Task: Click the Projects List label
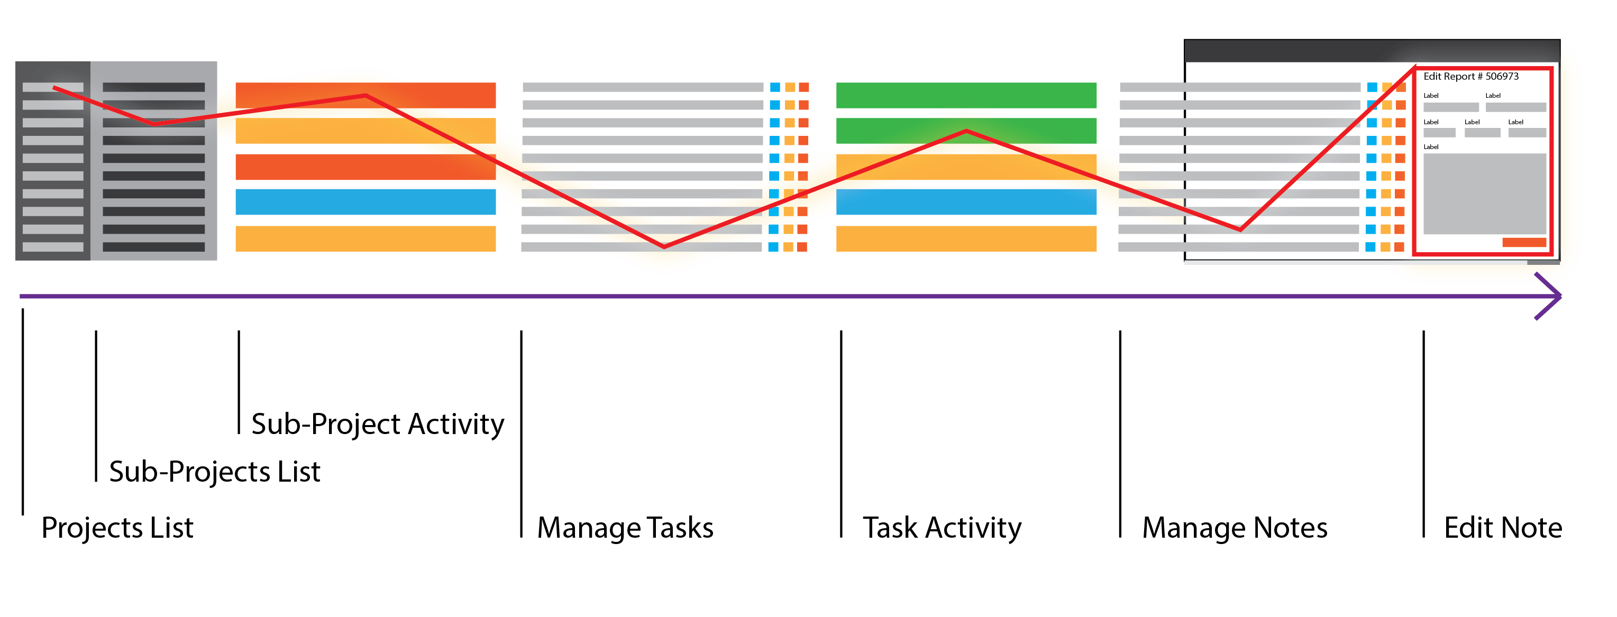click(117, 527)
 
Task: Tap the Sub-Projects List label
click(215, 472)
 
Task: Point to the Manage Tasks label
click(625, 527)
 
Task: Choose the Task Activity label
click(942, 527)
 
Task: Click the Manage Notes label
click(1235, 527)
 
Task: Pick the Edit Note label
click(1503, 527)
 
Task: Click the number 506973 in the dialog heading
click(1502, 77)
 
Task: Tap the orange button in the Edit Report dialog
click(1523, 243)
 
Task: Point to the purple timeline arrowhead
click(1556, 296)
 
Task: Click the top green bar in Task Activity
click(966, 95)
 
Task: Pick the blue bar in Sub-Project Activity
click(366, 202)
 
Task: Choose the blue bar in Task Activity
click(966, 202)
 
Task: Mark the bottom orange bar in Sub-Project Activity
click(366, 238)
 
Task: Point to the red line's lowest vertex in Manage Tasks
click(664, 246)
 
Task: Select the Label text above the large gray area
click(1431, 147)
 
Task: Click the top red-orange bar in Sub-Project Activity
click(366, 95)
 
